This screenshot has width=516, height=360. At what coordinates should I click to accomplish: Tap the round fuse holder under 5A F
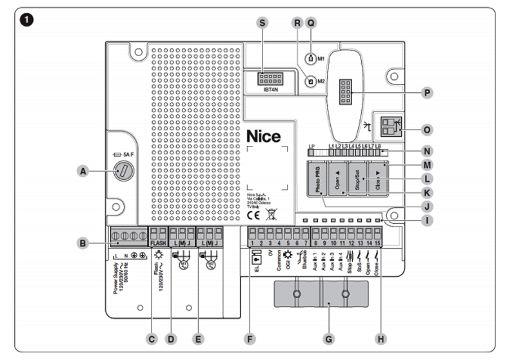click(123, 171)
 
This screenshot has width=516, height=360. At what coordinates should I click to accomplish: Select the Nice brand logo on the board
click(263, 137)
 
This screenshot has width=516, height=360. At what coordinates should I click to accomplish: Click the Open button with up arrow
click(337, 181)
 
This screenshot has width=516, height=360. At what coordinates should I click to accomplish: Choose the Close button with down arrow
click(379, 181)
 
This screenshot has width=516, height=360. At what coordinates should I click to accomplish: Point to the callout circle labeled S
click(262, 22)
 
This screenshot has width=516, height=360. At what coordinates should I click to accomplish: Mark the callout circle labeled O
click(426, 129)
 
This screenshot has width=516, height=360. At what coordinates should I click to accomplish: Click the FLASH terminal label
click(159, 243)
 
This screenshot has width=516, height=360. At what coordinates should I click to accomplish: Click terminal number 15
click(378, 243)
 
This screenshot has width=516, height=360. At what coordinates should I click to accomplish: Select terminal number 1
click(251, 243)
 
